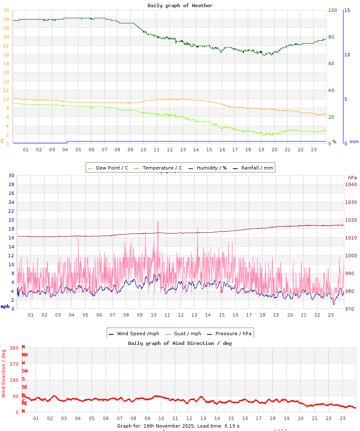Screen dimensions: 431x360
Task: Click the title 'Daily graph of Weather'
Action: tap(180, 6)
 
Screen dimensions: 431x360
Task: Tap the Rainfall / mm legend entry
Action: tap(257, 168)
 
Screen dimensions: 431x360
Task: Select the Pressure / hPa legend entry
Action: tap(233, 334)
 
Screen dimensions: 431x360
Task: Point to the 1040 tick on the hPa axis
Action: tap(351, 184)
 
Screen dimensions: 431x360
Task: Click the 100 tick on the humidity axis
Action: tap(332, 10)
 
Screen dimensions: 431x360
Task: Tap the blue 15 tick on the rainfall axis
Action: tap(347, 10)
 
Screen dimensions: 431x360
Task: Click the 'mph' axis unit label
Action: tap(5, 306)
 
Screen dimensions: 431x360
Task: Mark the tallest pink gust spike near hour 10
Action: tap(158, 222)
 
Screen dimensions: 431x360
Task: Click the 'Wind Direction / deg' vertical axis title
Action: tap(4, 373)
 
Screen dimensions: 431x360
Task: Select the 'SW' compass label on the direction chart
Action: tap(25, 371)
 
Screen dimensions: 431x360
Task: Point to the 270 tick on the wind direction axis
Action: tap(14, 364)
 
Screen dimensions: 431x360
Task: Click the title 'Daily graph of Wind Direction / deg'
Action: tap(180, 343)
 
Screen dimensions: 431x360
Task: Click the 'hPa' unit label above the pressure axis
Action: tap(352, 177)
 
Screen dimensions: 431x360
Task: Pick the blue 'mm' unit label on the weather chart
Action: tap(353, 142)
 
